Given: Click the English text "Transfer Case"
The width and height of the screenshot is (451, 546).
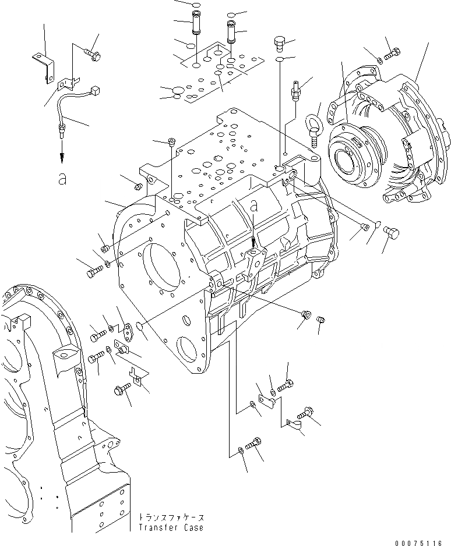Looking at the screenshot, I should (171, 527).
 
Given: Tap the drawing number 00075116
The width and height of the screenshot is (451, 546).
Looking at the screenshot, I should (417, 542).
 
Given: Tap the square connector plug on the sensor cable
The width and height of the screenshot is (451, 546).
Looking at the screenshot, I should (96, 91).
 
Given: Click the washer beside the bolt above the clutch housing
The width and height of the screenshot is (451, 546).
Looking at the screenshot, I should (379, 59).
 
